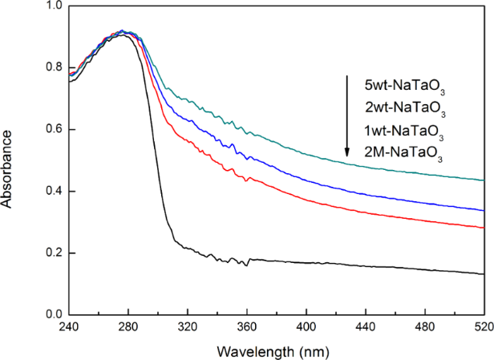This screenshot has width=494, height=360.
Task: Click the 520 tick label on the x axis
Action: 483,327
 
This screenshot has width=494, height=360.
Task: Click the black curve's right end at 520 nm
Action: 484,274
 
